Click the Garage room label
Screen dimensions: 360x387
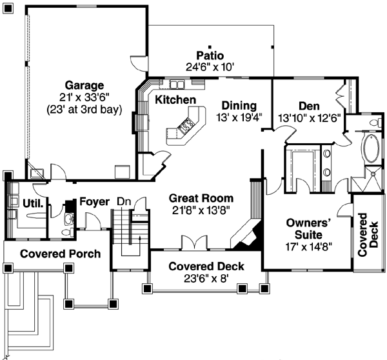84,85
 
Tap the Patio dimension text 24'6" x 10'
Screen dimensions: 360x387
210,66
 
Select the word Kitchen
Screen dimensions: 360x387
175,100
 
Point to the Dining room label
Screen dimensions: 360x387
239,106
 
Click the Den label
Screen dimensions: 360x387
310,106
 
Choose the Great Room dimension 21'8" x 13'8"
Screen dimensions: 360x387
201,210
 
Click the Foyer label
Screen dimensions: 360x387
94,202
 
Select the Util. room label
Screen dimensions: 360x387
33,203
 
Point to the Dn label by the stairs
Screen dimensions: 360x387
124,202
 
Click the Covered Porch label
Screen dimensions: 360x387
60,254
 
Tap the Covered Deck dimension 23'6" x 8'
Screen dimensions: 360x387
201,279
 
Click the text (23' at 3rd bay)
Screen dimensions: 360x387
84,110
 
